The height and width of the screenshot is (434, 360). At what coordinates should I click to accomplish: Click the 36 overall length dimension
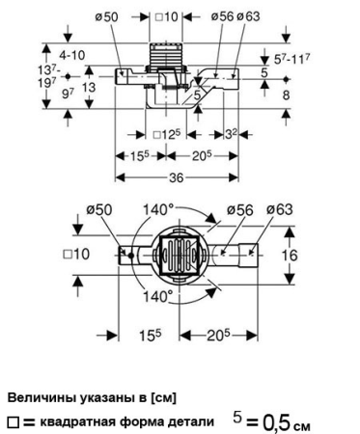[x=177, y=177]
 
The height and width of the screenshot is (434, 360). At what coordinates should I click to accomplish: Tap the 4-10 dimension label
[x=72, y=55]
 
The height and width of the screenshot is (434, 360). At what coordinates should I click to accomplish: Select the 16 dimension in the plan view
[x=290, y=256]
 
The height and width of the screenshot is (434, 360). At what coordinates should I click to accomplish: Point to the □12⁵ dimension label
[x=166, y=134]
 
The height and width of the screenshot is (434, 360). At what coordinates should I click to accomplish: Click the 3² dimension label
[x=231, y=134]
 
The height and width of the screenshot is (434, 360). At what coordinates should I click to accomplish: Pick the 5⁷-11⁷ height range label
[x=292, y=59]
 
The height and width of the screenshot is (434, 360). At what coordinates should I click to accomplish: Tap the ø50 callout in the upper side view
[x=107, y=17]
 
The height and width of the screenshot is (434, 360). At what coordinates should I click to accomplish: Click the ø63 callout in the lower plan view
[x=279, y=209]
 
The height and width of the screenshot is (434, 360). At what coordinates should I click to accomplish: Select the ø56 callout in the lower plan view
[x=239, y=209]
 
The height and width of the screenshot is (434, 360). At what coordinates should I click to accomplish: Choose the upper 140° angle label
[x=158, y=210]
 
